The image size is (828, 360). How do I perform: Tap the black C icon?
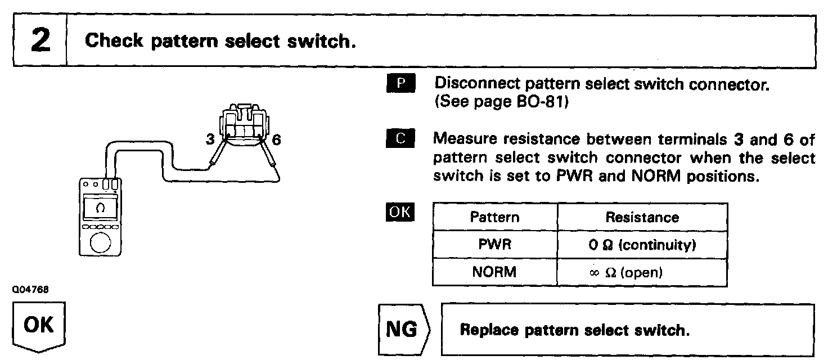point(400,139)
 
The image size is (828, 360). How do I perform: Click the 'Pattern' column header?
point(494,217)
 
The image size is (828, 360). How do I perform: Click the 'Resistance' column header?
point(642,217)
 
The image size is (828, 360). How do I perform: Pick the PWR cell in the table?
point(494,245)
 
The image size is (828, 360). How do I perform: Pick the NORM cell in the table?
point(494,272)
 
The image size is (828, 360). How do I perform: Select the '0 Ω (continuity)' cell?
point(642,245)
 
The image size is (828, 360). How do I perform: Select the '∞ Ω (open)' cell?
point(642,272)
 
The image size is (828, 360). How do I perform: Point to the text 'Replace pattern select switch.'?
point(574,330)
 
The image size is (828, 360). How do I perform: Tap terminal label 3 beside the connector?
point(210,140)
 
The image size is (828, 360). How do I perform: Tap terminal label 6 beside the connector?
point(276,140)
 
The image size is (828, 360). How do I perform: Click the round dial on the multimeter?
point(101,242)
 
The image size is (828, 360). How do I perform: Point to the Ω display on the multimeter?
point(100,208)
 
